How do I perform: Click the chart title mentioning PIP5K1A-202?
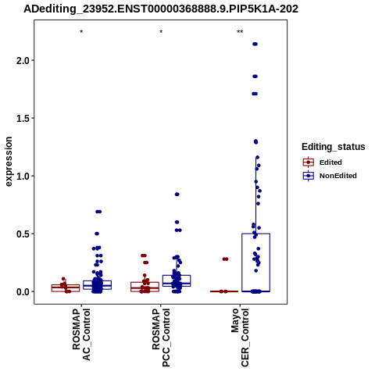161,9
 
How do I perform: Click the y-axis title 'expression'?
9,162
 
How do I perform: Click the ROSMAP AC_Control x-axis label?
81,334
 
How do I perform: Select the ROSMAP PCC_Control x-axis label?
161,337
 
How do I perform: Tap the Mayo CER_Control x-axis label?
240,337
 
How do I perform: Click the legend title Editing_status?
334,147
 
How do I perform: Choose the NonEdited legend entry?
330,176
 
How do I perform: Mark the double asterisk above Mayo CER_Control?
240,32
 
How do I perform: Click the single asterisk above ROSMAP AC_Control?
81,32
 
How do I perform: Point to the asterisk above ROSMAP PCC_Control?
161,32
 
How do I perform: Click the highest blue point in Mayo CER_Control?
255,44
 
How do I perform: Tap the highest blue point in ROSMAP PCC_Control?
177,195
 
